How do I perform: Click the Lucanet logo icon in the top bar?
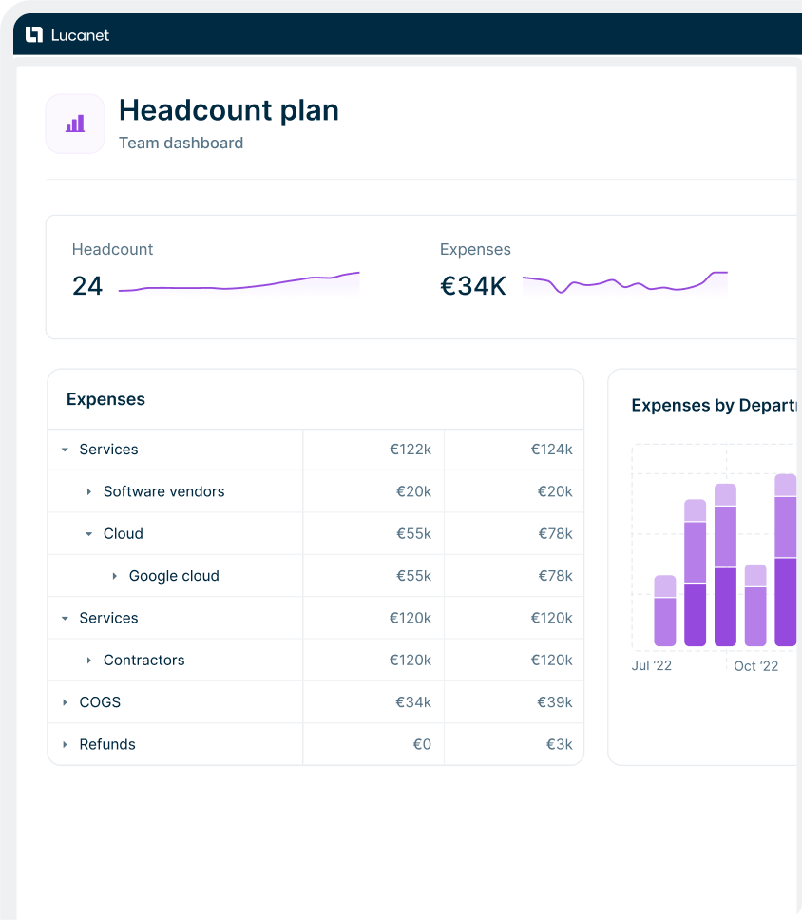[34, 35]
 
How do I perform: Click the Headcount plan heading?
[228, 110]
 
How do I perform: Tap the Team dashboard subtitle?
[181, 144]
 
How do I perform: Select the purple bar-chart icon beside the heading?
[75, 124]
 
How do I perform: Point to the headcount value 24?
[87, 285]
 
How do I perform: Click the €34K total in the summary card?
[473, 285]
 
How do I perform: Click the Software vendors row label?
[163, 491]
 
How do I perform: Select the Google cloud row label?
[174, 576]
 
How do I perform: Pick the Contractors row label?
[143, 661]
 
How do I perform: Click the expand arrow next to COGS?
[65, 702]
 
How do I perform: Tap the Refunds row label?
[107, 744]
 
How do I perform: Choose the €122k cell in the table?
[411, 450]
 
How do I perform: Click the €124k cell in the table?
[551, 450]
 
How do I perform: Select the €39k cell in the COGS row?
[555, 702]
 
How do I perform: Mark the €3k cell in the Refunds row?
[559, 744]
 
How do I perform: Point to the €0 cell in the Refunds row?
[422, 744]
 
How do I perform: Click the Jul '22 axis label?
[652, 666]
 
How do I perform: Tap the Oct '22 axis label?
[756, 666]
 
